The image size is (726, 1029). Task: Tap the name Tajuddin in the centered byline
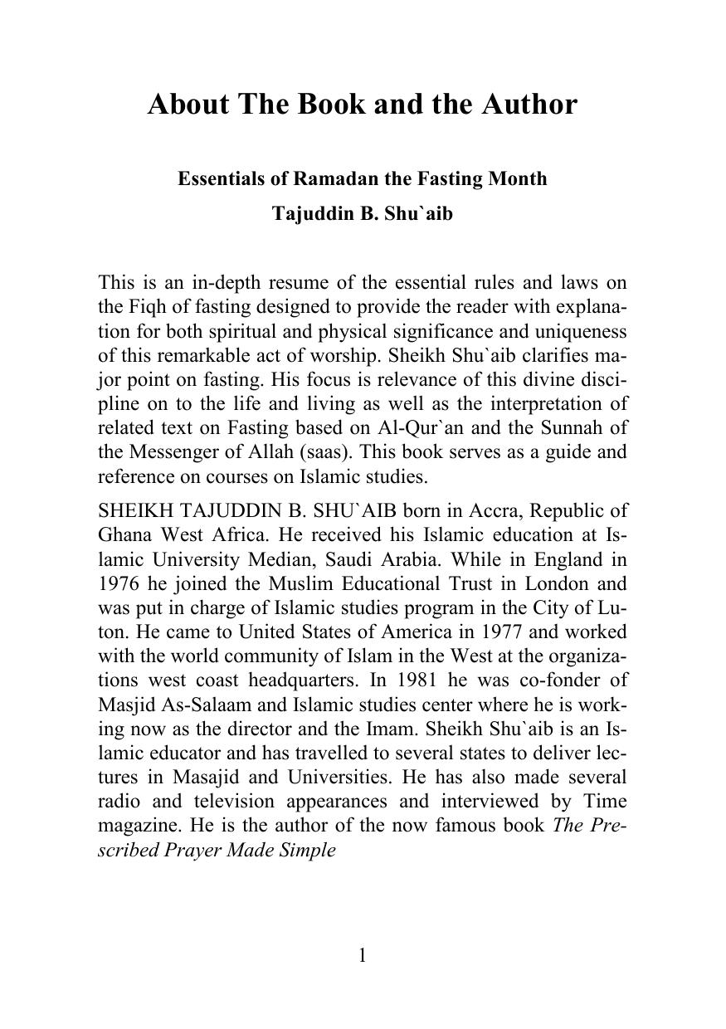point(307,213)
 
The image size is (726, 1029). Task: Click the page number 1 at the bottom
point(363,955)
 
